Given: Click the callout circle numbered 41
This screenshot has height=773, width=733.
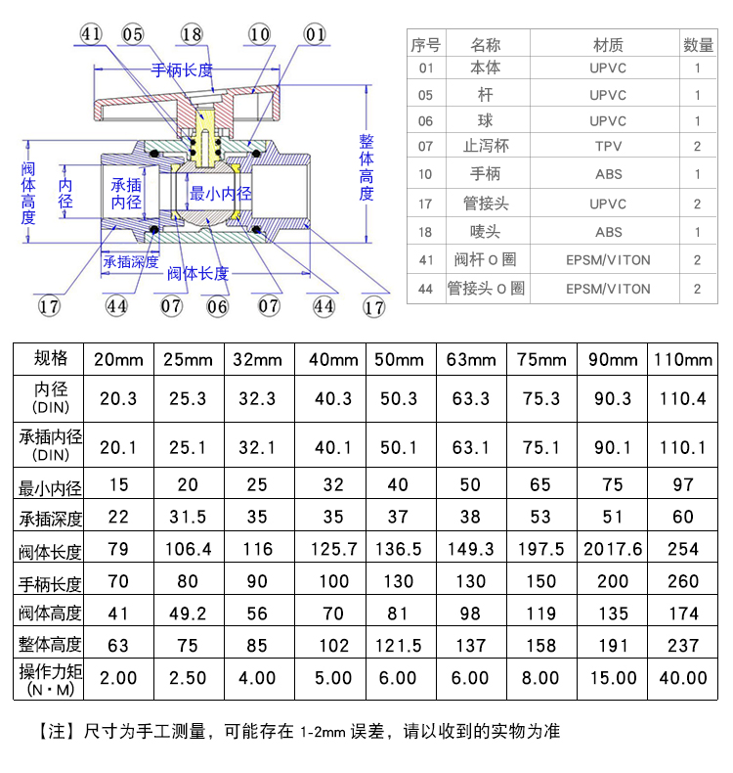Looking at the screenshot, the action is click(x=92, y=34).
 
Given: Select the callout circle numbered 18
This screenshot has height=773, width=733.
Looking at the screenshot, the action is click(x=193, y=34).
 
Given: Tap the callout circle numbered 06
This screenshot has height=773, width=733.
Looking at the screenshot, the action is click(x=218, y=306).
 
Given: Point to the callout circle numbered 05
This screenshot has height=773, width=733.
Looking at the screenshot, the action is click(x=133, y=34).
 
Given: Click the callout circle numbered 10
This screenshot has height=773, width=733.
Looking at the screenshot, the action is click(x=258, y=34).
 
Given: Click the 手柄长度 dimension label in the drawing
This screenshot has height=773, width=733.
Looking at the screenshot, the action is click(x=182, y=70).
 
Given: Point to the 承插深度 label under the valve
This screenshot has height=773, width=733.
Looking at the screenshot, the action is click(x=130, y=261).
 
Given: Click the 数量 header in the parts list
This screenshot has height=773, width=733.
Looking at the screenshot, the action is click(x=698, y=45).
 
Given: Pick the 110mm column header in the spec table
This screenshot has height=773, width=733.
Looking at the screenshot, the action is click(x=682, y=358).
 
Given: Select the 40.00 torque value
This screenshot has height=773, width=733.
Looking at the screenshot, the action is click(x=682, y=677).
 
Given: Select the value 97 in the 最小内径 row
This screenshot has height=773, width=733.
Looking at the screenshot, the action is click(x=682, y=485).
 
